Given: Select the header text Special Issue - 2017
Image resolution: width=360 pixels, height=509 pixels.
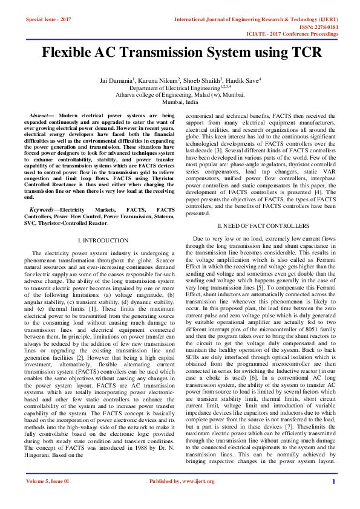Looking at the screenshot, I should click(48, 19).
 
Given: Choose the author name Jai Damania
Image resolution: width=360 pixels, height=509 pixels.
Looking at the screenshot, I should click(114, 80).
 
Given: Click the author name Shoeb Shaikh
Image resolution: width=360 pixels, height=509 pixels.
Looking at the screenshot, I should click(203, 80).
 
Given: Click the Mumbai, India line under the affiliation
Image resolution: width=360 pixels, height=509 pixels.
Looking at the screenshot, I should click(180, 102).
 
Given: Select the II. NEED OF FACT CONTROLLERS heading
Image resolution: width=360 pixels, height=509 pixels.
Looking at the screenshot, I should click(263, 225).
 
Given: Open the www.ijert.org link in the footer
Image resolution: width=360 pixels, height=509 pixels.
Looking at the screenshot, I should click(194, 499).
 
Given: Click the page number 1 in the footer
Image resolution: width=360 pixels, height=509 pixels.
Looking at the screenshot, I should click(333, 499).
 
